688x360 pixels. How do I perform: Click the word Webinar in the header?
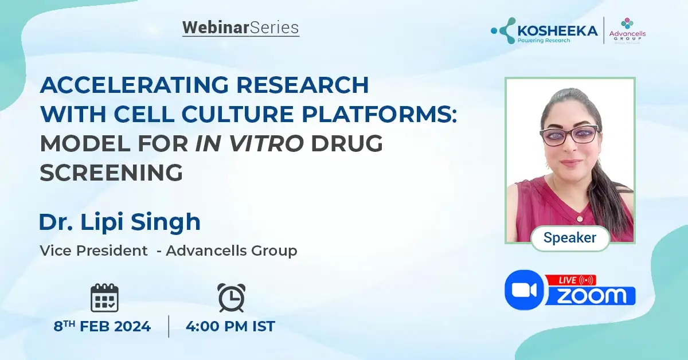tap(216, 28)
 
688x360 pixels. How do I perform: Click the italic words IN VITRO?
tap(249, 143)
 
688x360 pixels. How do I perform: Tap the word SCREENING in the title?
tap(111, 171)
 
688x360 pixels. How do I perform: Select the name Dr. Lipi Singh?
tap(119, 222)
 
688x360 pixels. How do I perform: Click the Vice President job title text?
tap(93, 251)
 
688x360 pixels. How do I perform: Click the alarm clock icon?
tap(231, 298)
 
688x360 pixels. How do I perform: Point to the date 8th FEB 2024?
tap(103, 327)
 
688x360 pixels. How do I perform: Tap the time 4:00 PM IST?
tap(230, 327)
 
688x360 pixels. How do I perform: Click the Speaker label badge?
tap(569, 237)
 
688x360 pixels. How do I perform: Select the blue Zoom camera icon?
tap(524, 290)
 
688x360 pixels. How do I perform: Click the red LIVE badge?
tap(571, 280)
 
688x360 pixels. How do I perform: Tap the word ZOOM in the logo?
tap(592, 296)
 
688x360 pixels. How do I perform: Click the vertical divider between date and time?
tap(169, 326)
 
